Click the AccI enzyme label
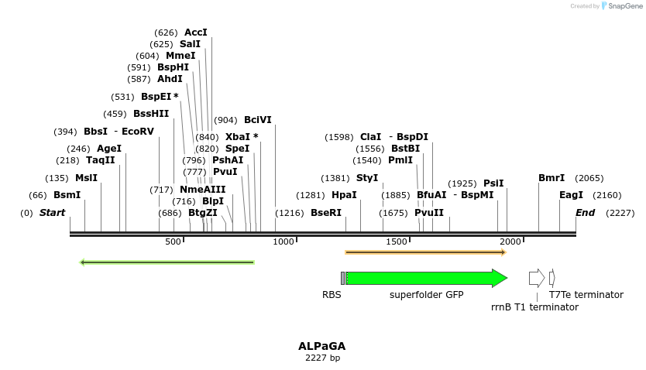195,33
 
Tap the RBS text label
332,295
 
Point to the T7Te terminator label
586,295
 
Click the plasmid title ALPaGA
322,346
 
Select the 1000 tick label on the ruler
284,242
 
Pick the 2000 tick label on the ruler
510,242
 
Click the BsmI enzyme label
67,195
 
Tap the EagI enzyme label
571,195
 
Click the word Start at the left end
52,213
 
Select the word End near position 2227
585,213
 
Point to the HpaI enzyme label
344,195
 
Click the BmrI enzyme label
552,178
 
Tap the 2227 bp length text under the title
322,358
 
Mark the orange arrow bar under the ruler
425,252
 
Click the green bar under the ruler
167,262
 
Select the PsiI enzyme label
493,183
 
